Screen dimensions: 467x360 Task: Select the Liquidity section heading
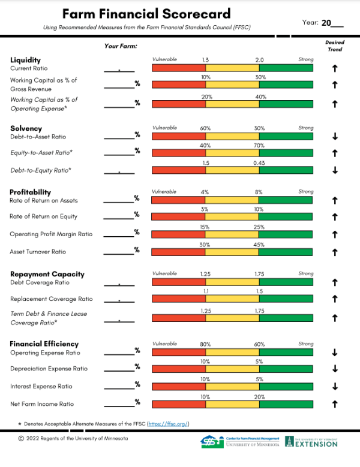pos(25,60)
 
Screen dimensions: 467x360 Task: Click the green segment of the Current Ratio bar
pos(286,68)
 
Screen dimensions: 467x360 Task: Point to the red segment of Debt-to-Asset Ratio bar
pos(179,136)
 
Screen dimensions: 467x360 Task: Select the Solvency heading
pos(26,128)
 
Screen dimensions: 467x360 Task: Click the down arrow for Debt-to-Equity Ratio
pos(335,170)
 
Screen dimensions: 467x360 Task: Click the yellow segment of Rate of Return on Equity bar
pos(233,216)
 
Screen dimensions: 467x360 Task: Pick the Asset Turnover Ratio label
pos(38,252)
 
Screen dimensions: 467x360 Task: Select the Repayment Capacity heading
pos(47,274)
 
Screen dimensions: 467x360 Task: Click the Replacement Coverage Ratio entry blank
pos(119,299)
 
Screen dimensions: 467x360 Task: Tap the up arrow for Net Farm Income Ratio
pos(335,404)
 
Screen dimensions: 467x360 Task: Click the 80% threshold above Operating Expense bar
pos(206,344)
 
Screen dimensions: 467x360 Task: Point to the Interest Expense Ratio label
pos(41,387)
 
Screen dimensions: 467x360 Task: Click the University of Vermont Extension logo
pos(311,442)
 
